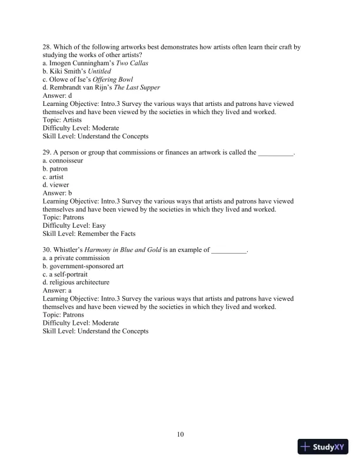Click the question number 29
(47, 152)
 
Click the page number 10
(181, 434)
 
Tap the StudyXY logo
(323, 447)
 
